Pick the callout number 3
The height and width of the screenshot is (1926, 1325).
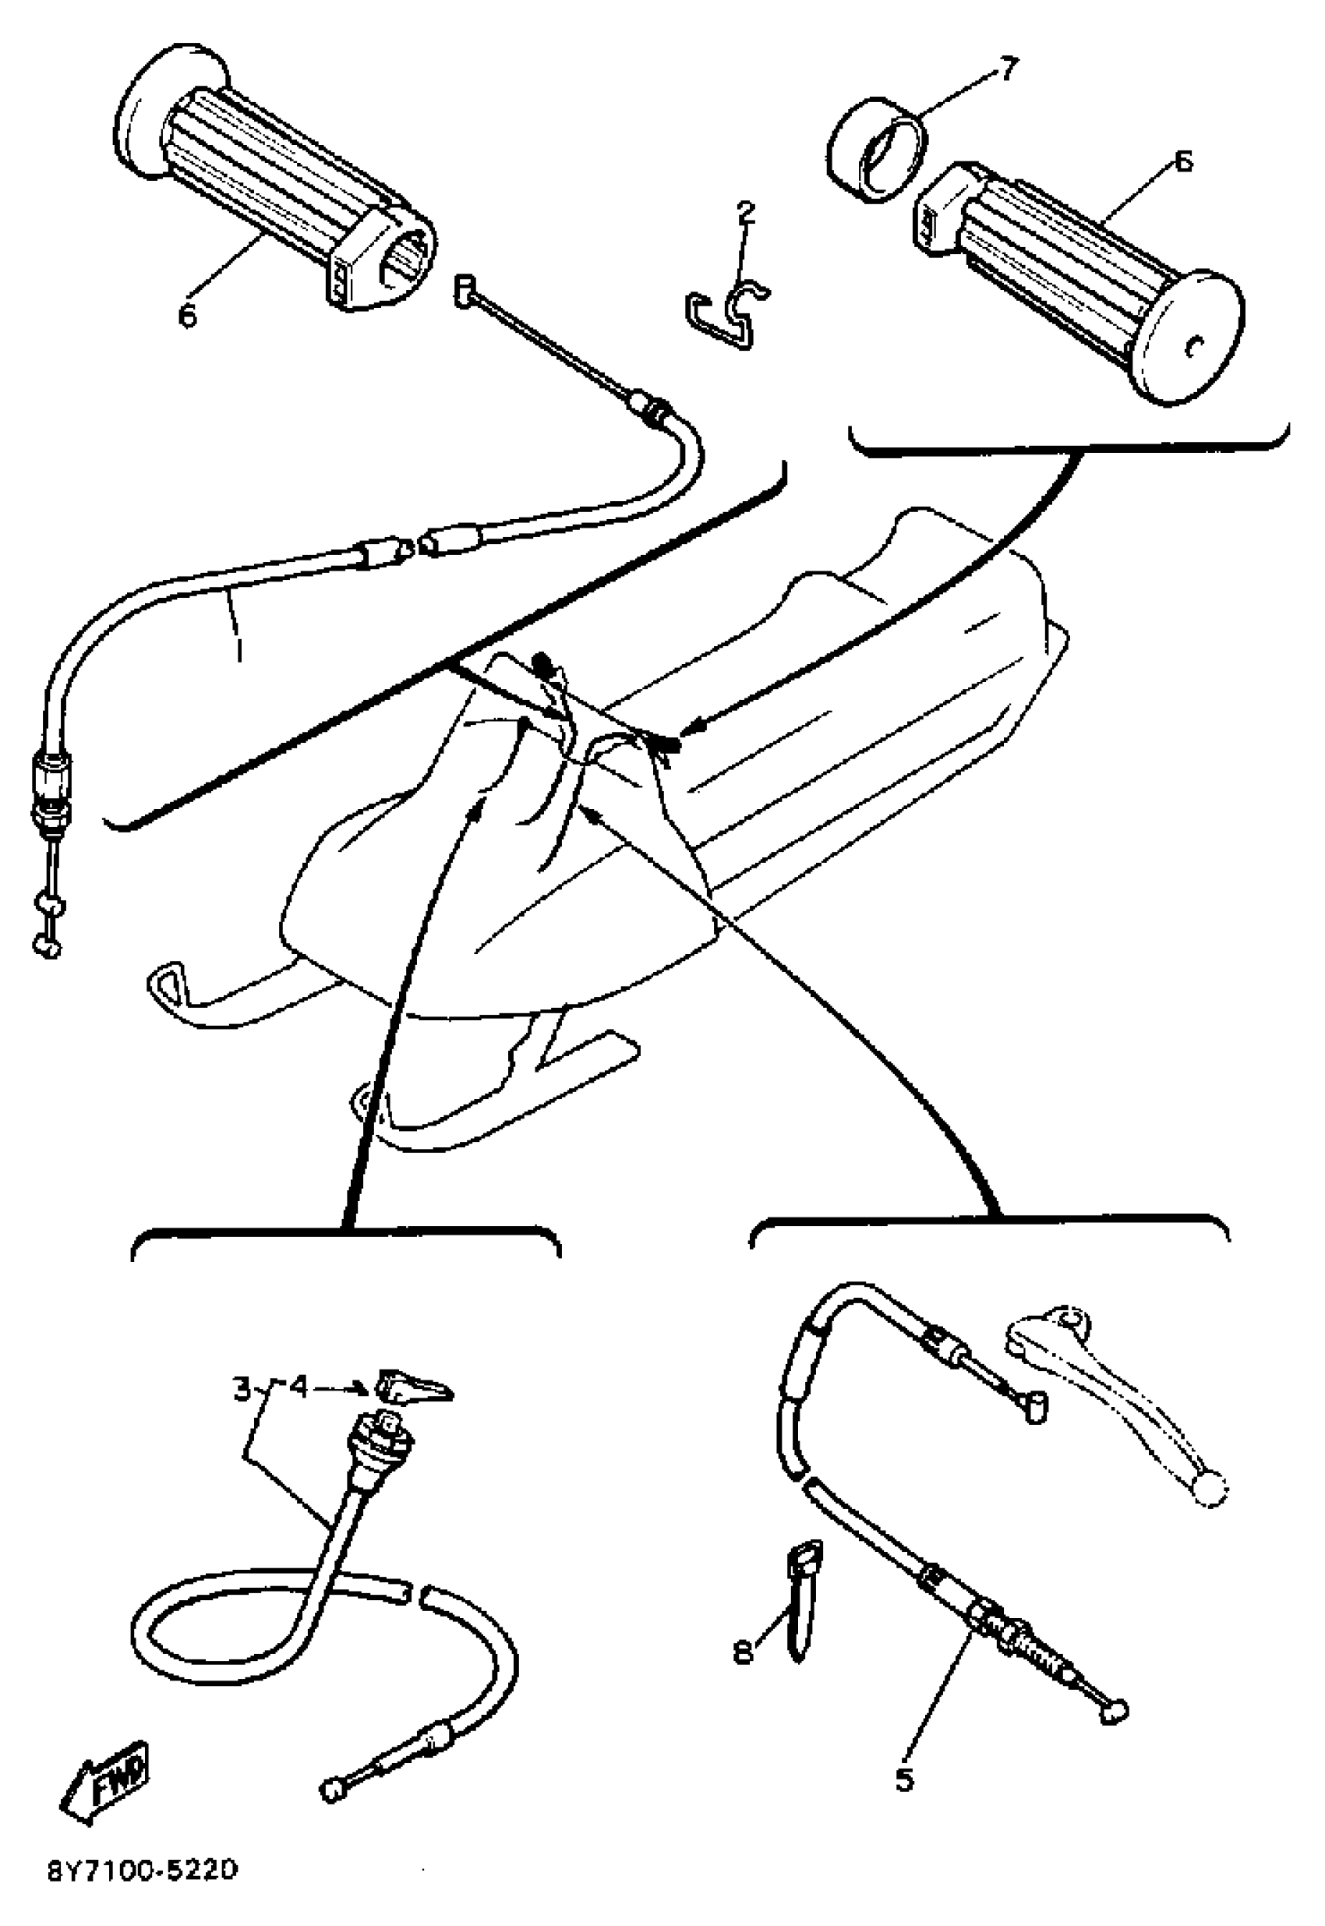(x=242, y=1389)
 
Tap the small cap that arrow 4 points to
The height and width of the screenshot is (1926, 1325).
(x=412, y=1386)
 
